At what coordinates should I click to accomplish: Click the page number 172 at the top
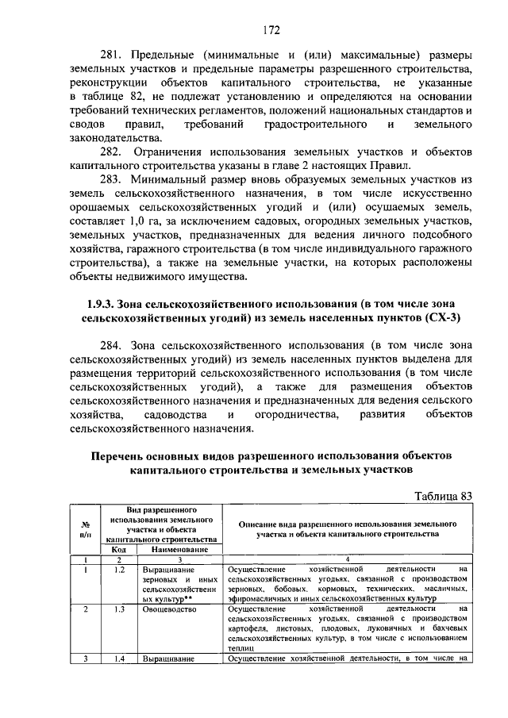[x=271, y=31]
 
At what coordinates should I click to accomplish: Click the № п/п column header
[x=84, y=528]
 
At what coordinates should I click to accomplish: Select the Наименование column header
[x=179, y=549]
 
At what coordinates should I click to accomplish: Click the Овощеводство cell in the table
[x=172, y=609]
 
